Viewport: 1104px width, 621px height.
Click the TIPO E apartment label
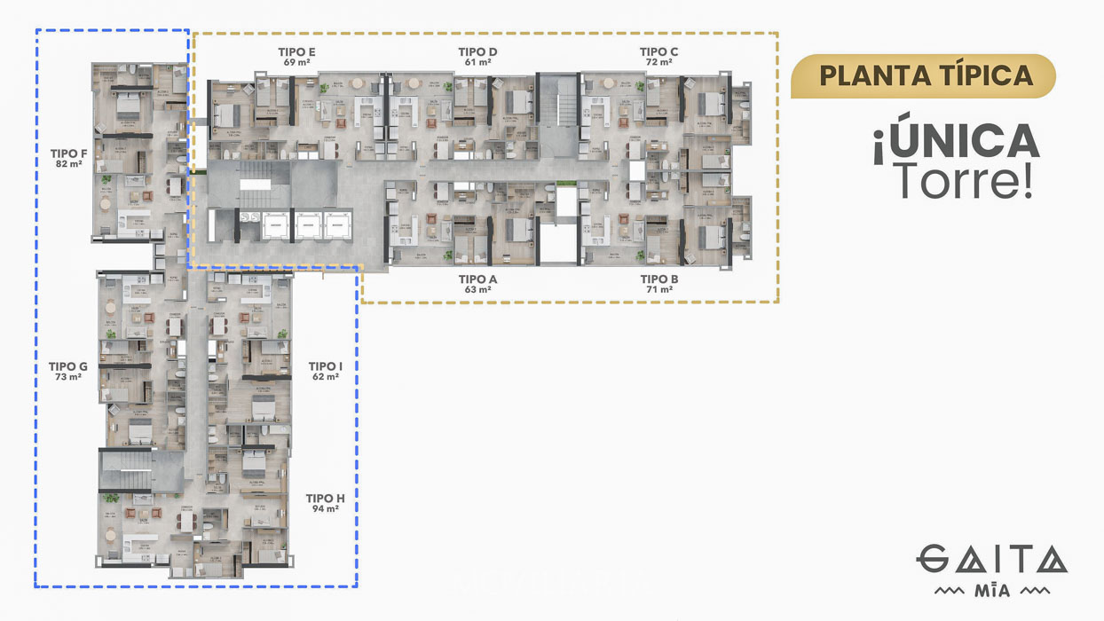pos(296,52)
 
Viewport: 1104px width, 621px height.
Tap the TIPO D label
pos(477,52)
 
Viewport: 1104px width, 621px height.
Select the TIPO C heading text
pos(658,52)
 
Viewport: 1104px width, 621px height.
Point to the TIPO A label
pos(477,279)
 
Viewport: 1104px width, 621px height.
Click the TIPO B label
pos(658,279)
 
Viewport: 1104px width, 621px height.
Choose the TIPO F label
pos(69,153)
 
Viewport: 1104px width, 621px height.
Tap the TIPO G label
pos(68,366)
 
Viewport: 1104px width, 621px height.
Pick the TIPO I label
pos(326,366)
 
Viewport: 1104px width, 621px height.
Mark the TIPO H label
pos(325,499)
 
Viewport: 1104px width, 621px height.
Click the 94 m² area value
pos(325,510)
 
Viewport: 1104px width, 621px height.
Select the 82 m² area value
pos(69,164)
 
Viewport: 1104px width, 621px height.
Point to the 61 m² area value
pos(477,63)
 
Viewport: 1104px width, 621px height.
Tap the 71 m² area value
pos(658,290)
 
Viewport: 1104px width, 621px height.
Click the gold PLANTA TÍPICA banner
pos(923,75)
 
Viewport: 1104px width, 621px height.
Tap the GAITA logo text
pos(991,561)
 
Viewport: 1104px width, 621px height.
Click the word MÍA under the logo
pos(991,591)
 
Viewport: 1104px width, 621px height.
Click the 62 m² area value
pos(326,377)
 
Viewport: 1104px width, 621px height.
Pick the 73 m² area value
pos(68,377)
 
